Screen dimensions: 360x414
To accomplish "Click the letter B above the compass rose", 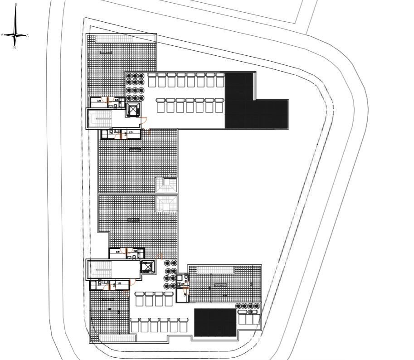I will (16, 4).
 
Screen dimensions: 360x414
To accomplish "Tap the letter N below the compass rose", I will (15, 48).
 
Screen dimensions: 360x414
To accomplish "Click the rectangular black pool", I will (215, 323).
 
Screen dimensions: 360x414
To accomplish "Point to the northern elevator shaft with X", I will (133, 110).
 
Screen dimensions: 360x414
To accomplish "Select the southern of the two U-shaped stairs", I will (166, 204).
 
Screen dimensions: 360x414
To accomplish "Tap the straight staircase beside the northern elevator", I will (102, 120).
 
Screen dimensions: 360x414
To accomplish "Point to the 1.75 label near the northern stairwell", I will (131, 132).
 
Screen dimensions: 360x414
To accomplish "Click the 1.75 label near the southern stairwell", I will (120, 283).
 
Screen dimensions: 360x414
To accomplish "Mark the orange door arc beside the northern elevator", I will (143, 121).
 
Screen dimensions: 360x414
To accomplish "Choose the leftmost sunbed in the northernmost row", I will (152, 80).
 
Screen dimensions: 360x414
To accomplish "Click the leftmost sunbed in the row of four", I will (139, 300).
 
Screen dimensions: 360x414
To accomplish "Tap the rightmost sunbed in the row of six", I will (183, 325).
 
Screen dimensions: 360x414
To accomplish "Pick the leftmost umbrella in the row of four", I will (239, 306).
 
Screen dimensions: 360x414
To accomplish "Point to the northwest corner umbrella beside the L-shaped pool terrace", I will (129, 76).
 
